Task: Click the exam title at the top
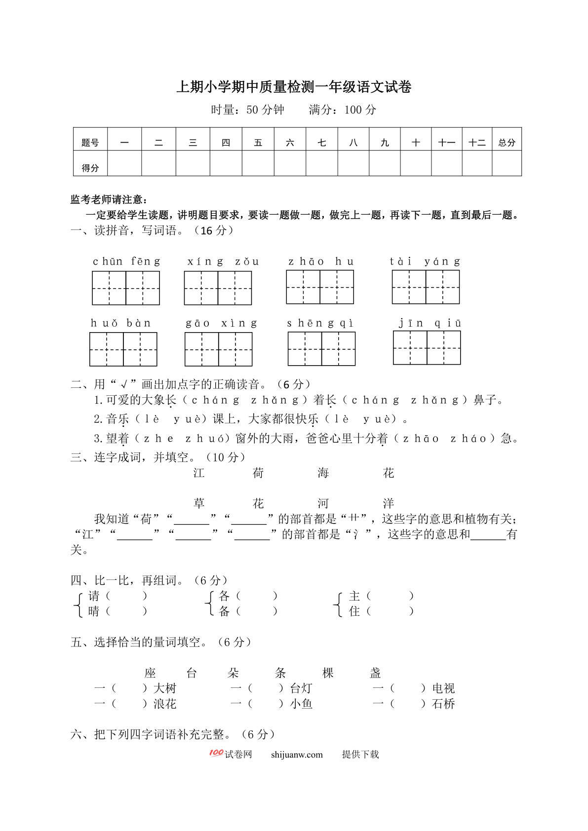coord(294,87)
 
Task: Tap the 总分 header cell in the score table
coord(507,143)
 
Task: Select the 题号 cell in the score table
coord(90,143)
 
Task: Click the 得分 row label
coord(90,168)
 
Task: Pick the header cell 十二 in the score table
coord(477,143)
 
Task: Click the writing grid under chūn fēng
coord(126,288)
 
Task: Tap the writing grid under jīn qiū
coord(427,348)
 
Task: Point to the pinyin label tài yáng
coord(425,262)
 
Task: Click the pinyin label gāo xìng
coord(221,323)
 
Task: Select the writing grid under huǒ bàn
coord(123,349)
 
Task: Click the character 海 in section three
coord(323,473)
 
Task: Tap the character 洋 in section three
coord(388,503)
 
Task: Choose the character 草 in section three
coord(199,503)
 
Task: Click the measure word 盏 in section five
coord(375,673)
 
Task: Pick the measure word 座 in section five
coord(150,673)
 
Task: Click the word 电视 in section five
coord(443,688)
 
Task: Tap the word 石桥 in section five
coord(443,704)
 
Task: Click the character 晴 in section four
coord(94,611)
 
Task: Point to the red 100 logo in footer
coord(216,753)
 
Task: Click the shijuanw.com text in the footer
coord(297,755)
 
